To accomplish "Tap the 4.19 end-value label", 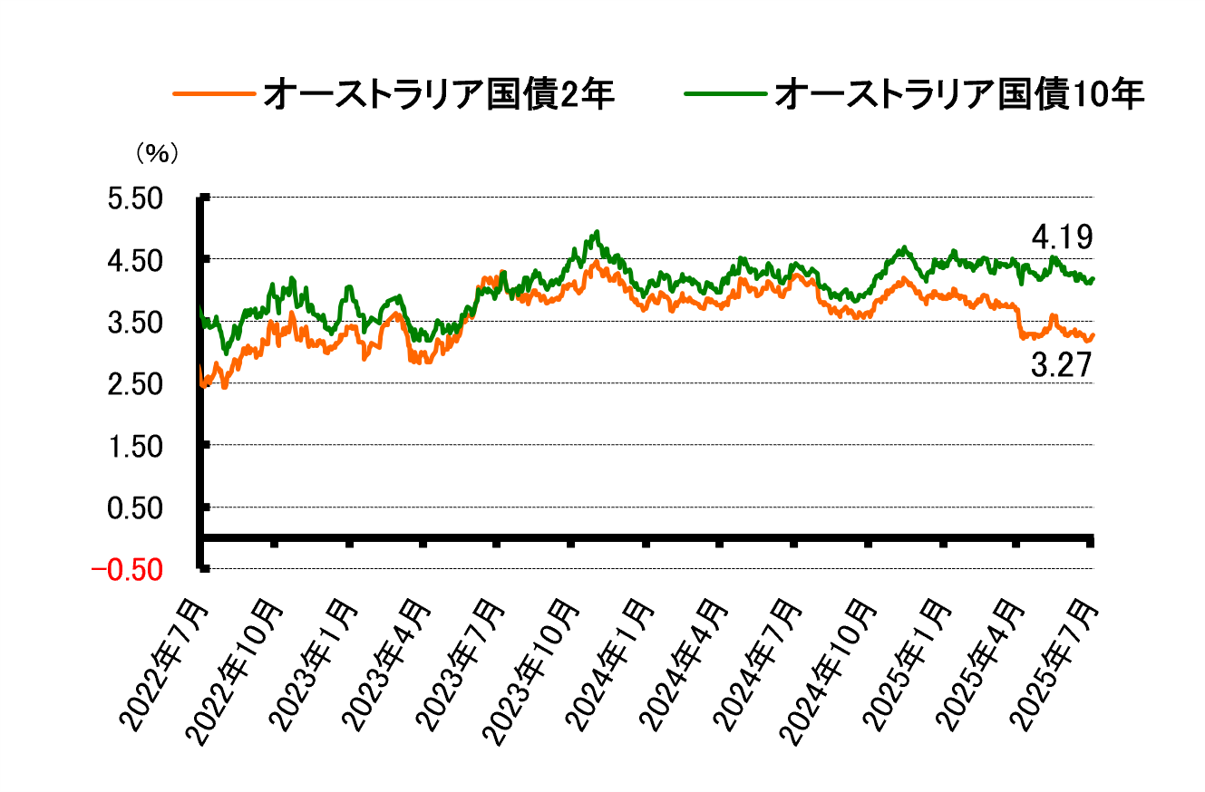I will pyautogui.click(x=1062, y=238).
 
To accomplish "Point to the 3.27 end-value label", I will pyautogui.click(x=1062, y=365).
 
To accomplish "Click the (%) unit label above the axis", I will pyautogui.click(x=157, y=154).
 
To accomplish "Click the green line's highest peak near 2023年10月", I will pyautogui.click(x=597, y=232).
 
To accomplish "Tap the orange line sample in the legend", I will pyautogui.click(x=212, y=94).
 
